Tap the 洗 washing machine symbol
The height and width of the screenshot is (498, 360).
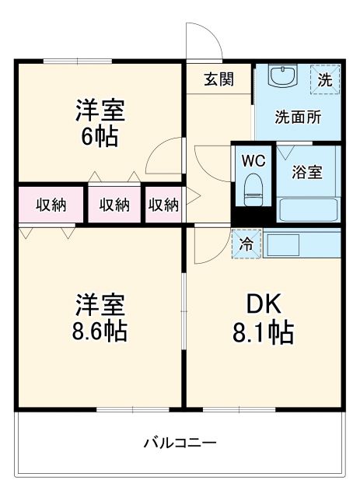[327, 79]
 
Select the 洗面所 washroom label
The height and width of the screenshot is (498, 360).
[299, 117]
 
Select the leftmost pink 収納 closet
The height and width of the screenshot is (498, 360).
[51, 205]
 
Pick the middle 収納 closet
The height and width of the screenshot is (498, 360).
[114, 205]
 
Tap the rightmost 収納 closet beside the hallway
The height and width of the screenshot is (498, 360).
[163, 205]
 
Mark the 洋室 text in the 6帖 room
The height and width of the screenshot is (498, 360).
[100, 109]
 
